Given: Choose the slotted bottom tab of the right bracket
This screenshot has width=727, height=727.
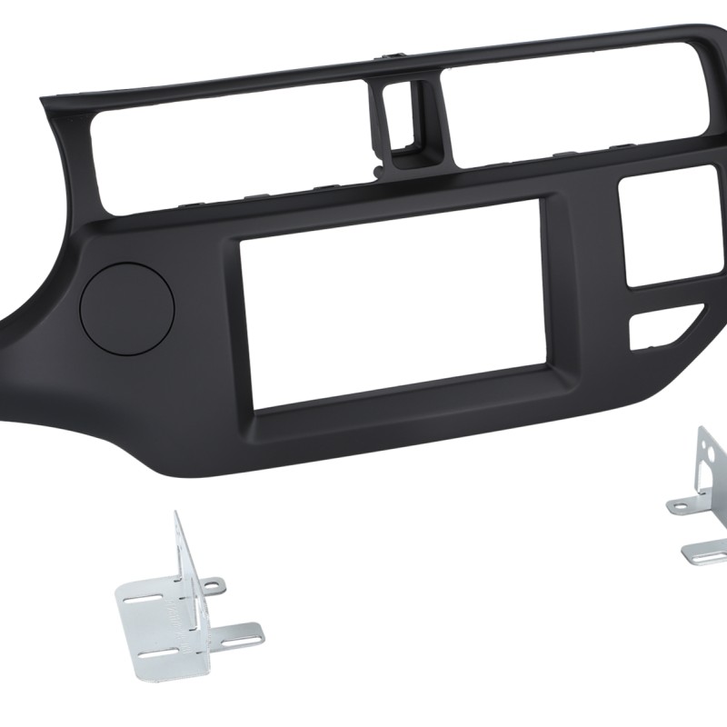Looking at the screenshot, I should click(705, 550).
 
